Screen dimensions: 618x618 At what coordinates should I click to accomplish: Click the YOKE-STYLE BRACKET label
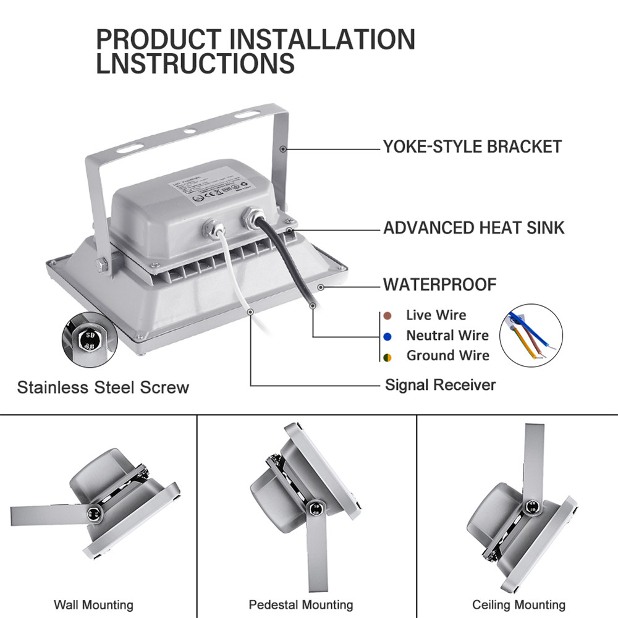coord(472,147)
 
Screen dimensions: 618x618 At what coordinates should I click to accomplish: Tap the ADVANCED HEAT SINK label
coord(473,227)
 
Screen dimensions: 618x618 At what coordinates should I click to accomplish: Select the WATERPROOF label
coord(439,285)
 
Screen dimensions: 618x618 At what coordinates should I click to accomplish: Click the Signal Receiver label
coord(440,385)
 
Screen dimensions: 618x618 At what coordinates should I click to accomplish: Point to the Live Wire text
coord(436,315)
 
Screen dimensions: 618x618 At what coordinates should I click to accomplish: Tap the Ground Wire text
coord(447,355)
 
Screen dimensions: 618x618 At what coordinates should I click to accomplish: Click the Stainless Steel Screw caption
coord(103,388)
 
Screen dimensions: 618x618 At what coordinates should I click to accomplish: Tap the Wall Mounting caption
coord(93,605)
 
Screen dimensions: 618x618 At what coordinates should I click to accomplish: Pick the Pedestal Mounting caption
coord(301,605)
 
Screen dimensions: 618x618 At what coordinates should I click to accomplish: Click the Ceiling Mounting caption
coord(519,605)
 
